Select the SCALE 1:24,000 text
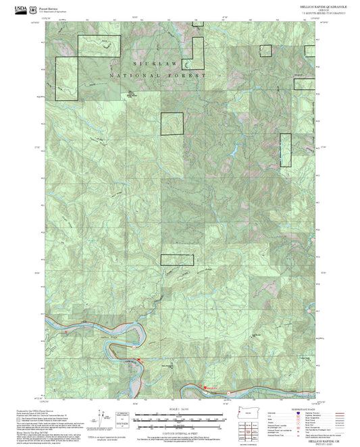click(179, 410)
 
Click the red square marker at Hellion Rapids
click(205, 387)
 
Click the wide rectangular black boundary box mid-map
click(177, 260)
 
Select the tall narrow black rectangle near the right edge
click(285, 150)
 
